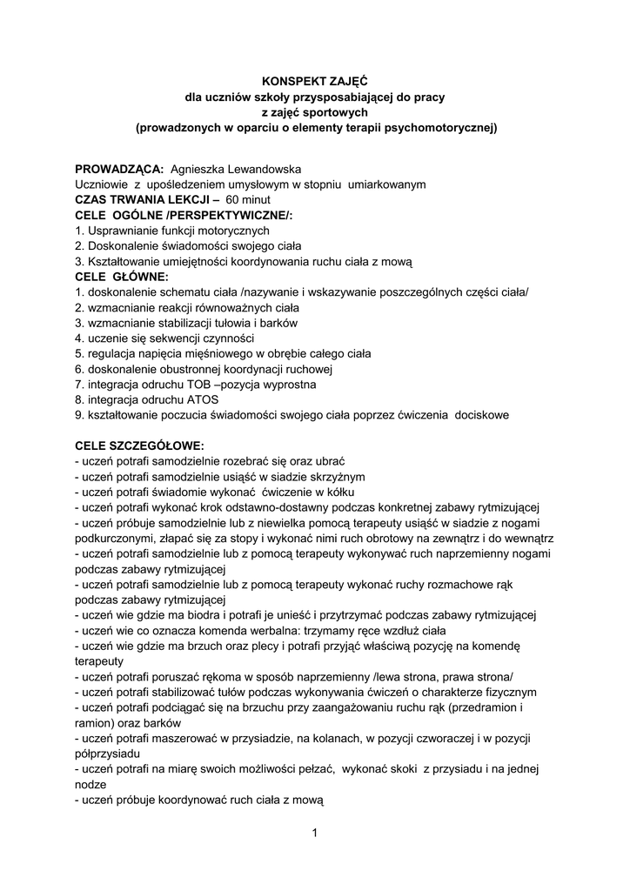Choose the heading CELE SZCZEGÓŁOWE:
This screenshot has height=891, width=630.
coord(139,445)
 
